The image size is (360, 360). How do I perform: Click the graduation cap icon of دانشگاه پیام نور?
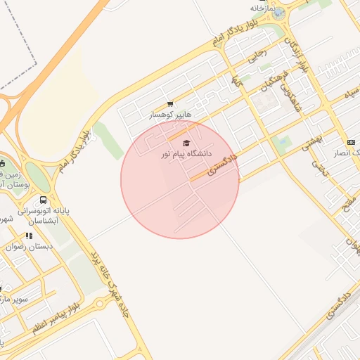pos(186,143)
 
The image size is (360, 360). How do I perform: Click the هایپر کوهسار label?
pos(171,114)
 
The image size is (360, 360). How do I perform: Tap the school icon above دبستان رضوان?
pos(29,236)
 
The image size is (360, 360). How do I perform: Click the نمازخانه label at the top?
pos(261,8)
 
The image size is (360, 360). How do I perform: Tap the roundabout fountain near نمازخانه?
pos(279,13)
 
